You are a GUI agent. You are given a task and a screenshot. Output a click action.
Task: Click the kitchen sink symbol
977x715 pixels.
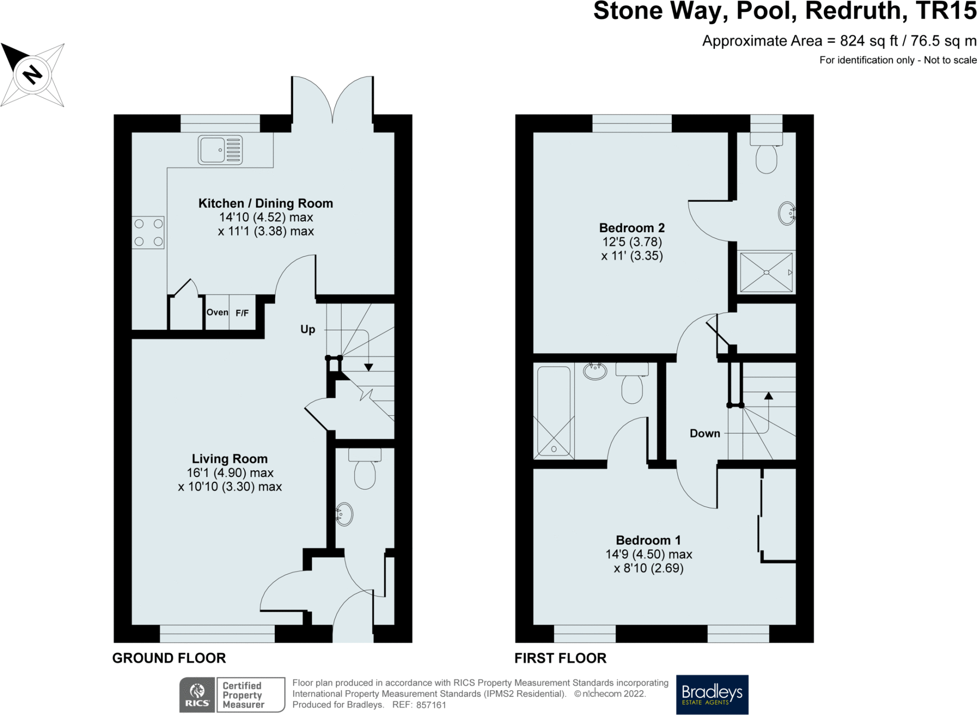pyautogui.click(x=220, y=150)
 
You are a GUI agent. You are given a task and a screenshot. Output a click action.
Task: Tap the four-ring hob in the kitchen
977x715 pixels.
pyautogui.click(x=148, y=232)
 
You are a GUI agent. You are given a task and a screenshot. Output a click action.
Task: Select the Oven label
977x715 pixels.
pyautogui.click(x=217, y=312)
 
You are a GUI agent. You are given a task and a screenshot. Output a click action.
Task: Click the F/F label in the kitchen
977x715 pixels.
pyautogui.click(x=242, y=313)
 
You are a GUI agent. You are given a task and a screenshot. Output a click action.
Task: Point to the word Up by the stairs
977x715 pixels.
pyautogui.click(x=308, y=329)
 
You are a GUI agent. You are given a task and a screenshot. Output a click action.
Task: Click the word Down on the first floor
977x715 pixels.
pyautogui.click(x=705, y=433)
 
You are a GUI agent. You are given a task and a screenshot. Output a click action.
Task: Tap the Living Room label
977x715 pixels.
pyautogui.click(x=229, y=459)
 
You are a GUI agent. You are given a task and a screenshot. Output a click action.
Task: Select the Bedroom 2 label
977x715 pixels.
pyautogui.click(x=632, y=228)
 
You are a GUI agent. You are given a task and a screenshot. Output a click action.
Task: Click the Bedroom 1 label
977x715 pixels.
pyautogui.click(x=648, y=540)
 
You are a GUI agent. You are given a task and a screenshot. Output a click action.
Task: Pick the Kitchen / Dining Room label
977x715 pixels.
pyautogui.click(x=266, y=204)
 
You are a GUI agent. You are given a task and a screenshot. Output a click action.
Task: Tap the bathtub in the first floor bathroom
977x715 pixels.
pyautogui.click(x=554, y=411)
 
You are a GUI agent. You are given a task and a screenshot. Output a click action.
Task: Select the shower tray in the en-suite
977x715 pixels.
pyautogui.click(x=766, y=272)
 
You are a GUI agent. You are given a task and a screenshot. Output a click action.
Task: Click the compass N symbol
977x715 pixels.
pyautogui.click(x=32, y=75)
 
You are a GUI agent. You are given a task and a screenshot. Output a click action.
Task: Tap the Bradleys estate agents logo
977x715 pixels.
pyautogui.click(x=712, y=695)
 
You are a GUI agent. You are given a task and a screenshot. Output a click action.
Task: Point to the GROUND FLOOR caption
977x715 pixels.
pyautogui.click(x=169, y=658)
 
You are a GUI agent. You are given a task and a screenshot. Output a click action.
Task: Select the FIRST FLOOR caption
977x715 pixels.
pyautogui.click(x=561, y=658)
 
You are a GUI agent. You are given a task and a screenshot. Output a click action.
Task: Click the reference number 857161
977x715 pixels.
pyautogui.click(x=431, y=705)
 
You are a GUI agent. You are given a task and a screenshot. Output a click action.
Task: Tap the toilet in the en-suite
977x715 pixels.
pyautogui.click(x=766, y=153)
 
